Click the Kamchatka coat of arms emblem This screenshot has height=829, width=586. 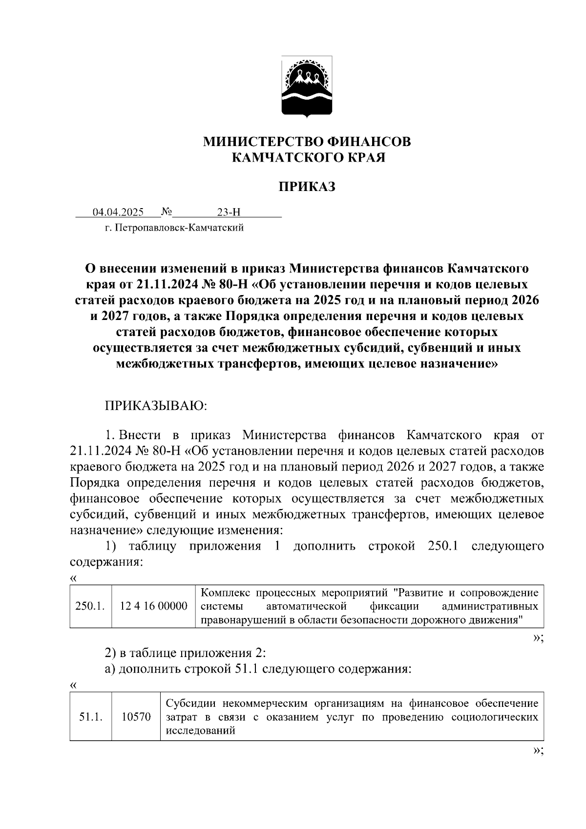pos(306,86)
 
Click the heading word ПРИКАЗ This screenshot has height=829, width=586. pos(307,187)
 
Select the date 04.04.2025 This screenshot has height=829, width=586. pos(118,212)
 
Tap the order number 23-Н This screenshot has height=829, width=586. pos(229,212)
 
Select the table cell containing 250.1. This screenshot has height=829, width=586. pos(90,606)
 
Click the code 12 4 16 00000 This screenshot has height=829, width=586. pos(153,606)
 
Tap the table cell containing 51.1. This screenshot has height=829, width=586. pos(90,717)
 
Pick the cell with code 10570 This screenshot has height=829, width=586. pos(136,717)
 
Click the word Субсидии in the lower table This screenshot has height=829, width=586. pos(191,703)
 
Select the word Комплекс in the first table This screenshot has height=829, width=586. pos(225,593)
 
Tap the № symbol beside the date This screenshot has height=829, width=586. pos(166,212)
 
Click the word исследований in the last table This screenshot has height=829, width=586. pos(201,731)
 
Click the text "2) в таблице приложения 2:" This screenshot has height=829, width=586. pos(185,653)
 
